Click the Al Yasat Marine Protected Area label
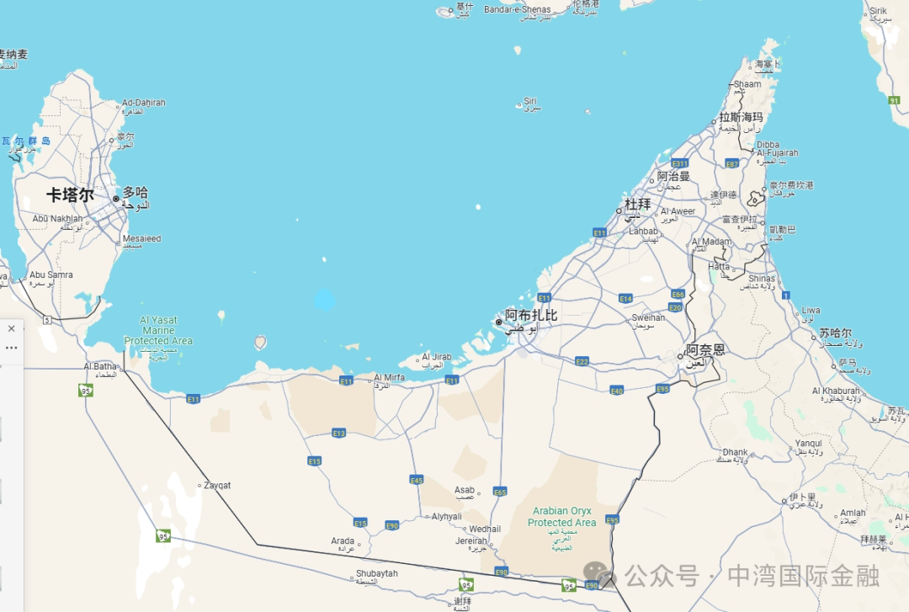158,331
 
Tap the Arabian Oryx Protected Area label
561,517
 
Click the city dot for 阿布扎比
498,322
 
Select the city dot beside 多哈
116,199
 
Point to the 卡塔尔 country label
70,195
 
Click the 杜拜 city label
637,204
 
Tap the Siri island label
530,101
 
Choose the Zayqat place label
215,486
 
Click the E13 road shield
339,433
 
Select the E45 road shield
417,479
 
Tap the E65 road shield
500,492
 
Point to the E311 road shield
680,163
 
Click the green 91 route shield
894,100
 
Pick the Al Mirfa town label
389,378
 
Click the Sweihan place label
648,317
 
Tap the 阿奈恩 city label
705,349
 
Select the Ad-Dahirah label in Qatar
144,103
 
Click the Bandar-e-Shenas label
517,9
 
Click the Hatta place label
719,266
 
